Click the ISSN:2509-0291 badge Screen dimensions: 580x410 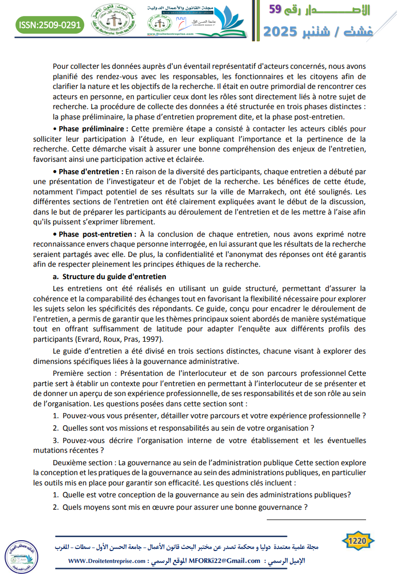click(49, 24)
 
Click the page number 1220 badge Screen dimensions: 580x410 click(358, 541)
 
